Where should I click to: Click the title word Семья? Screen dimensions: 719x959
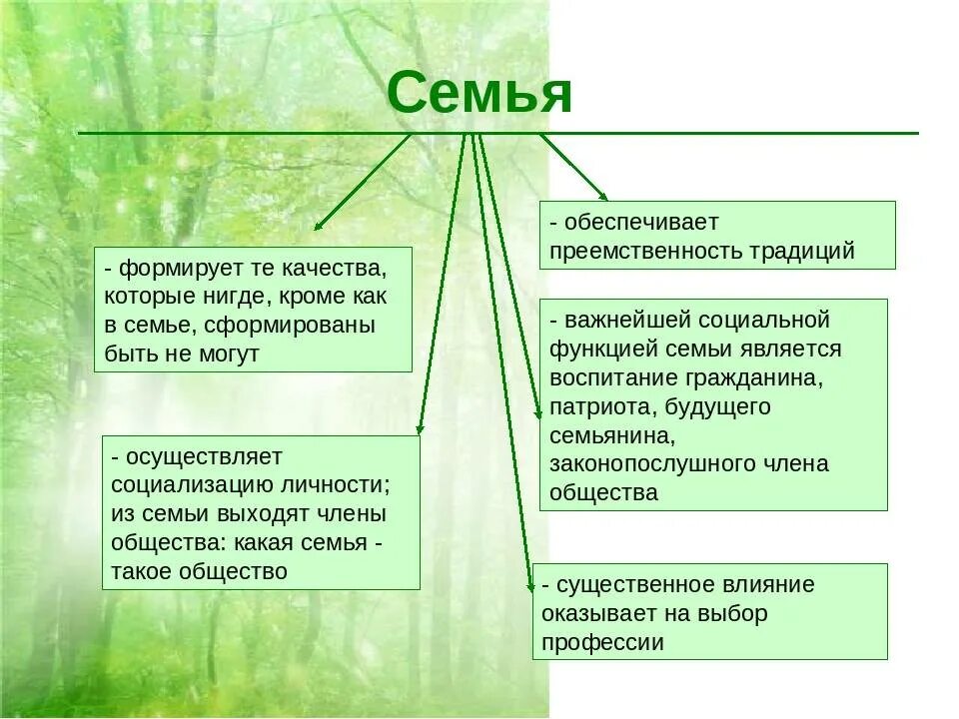point(479,93)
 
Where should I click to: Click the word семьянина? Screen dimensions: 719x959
point(610,435)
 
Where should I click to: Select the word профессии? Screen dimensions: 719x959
point(602,642)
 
